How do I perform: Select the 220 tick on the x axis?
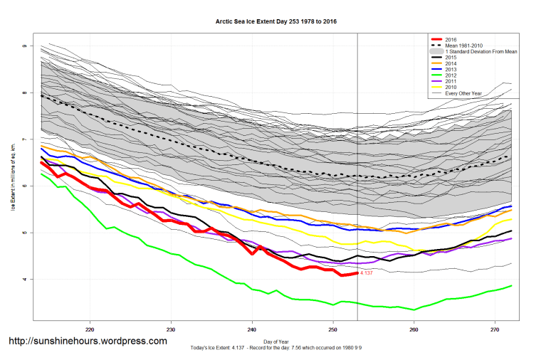click(x=90, y=330)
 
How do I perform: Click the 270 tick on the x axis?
click(x=495, y=330)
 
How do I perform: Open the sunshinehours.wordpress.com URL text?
click(x=88, y=342)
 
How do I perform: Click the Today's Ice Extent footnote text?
click(x=275, y=347)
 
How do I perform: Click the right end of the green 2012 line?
click(x=511, y=285)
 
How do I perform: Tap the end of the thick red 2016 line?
click(x=357, y=273)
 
